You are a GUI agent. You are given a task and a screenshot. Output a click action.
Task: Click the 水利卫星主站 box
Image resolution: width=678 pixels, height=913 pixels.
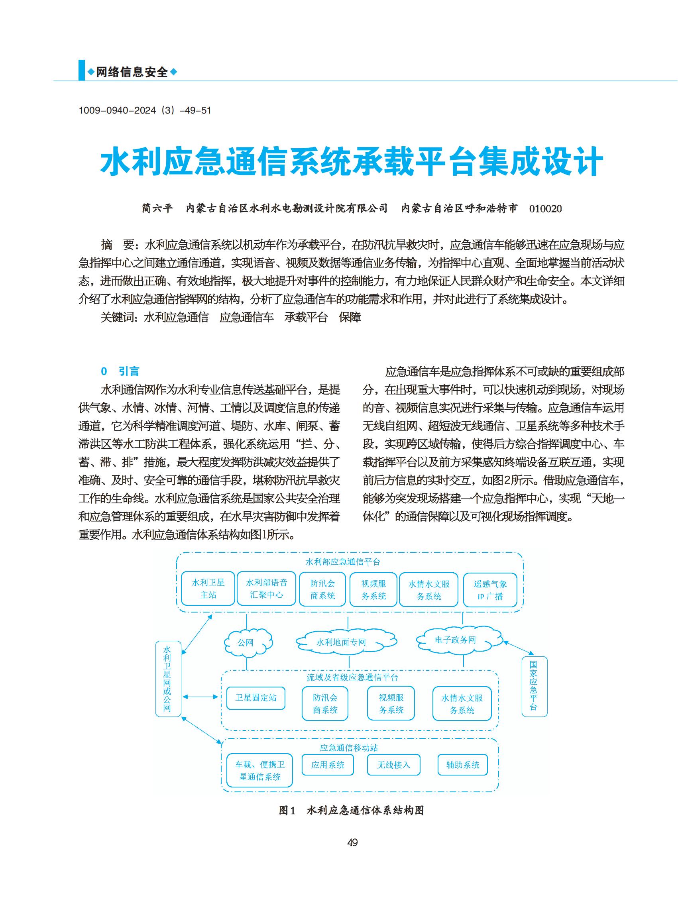208,589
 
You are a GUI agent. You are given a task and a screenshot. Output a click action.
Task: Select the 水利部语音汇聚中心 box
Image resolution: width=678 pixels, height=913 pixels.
266,589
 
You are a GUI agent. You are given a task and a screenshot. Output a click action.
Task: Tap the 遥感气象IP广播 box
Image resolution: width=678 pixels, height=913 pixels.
489,590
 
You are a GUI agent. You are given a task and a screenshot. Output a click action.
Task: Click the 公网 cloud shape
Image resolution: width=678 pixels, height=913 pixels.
247,642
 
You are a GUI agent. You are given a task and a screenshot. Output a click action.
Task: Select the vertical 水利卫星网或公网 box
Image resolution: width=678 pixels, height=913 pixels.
168,679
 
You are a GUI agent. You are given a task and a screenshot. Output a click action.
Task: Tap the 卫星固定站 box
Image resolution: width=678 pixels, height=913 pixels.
255,697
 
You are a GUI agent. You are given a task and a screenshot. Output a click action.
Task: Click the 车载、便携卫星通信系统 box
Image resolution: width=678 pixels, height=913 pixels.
259,771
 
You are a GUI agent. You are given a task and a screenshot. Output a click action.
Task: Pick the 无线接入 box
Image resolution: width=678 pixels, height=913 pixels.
393,765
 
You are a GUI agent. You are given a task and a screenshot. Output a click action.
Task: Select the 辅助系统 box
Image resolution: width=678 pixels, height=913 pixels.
462,765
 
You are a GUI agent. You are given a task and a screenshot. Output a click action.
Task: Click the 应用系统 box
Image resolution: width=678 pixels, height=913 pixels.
327,765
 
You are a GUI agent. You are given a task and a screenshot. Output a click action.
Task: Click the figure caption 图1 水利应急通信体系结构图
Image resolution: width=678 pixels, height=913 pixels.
351,811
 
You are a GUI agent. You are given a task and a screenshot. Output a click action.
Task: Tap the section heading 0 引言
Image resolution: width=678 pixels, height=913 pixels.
120,371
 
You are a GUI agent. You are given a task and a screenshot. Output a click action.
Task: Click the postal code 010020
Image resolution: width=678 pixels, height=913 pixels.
545,208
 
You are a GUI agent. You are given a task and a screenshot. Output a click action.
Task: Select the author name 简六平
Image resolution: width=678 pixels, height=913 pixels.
157,208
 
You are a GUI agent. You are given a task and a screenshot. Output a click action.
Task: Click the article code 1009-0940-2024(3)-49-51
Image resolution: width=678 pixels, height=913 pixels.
144,110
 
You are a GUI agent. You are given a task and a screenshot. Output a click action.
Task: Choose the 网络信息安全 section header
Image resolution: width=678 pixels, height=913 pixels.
132,72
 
